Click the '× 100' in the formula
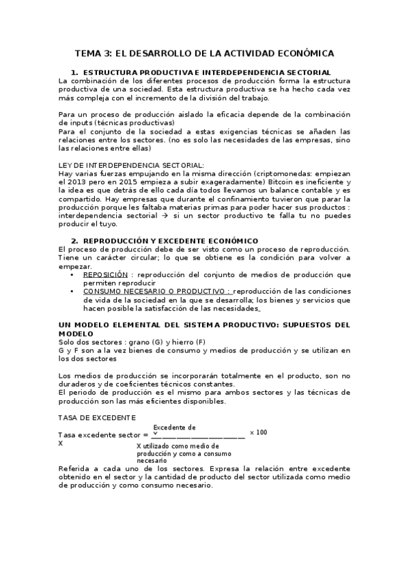click(258, 432)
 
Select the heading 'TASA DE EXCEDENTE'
click(97, 417)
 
